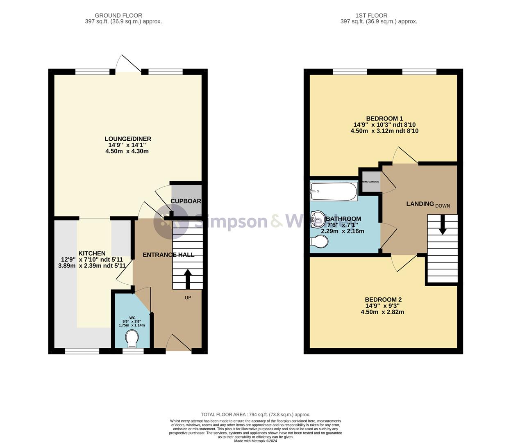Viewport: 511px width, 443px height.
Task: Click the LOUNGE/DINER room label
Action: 127,139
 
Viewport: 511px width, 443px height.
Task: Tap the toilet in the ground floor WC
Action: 132,339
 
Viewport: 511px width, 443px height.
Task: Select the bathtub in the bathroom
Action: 334,191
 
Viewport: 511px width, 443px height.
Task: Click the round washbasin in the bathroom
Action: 317,219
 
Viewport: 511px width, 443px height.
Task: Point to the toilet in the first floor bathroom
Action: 319,243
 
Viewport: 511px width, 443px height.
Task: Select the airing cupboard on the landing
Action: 370,182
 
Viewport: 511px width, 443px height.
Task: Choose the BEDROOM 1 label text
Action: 384,119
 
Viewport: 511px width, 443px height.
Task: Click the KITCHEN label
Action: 92,253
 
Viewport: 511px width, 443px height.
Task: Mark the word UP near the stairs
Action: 188,298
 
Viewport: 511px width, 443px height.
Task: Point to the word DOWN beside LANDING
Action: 443,206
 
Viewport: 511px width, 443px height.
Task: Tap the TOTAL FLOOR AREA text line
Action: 255,415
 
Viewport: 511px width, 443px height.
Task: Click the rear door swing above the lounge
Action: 127,64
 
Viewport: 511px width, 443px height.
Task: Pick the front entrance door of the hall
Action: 179,343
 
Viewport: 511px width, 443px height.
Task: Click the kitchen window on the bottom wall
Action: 82,351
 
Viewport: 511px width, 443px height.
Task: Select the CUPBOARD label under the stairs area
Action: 186,201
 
